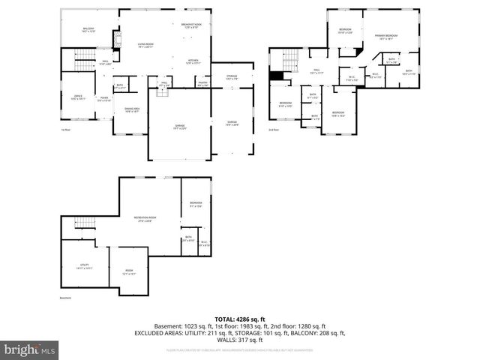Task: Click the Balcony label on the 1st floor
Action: pos(88,30)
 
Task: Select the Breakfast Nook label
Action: pos(191,26)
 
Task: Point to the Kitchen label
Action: pos(192,62)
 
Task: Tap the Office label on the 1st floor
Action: pos(78,97)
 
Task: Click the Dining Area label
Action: pos(131,110)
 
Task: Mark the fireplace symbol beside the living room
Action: pos(116,39)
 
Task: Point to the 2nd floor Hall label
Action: pos(316,72)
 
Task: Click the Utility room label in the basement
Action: pos(84,266)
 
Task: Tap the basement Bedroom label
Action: pos(195,205)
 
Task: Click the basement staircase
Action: pos(84,223)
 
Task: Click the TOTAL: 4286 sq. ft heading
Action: pos(239,319)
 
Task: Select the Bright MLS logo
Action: pos(30,349)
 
